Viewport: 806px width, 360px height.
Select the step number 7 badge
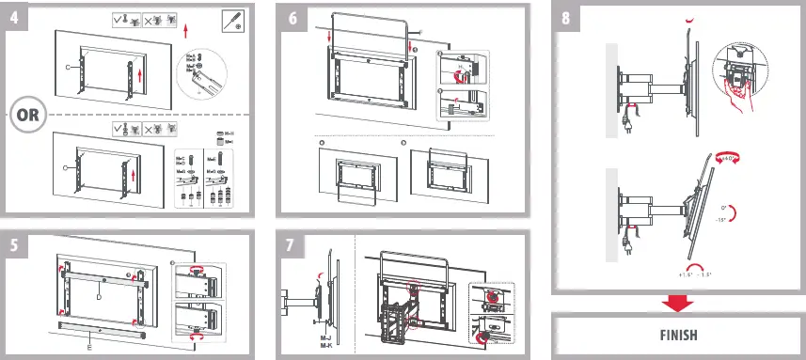pyautogui.click(x=293, y=245)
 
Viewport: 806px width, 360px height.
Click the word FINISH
pyautogui.click(x=677, y=335)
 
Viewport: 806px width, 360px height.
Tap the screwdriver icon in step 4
pyautogui.click(x=232, y=21)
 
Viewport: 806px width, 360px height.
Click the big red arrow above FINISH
pyautogui.click(x=677, y=303)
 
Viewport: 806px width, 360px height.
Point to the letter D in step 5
pyautogui.click(x=98, y=296)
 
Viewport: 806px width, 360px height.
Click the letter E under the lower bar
pyautogui.click(x=88, y=346)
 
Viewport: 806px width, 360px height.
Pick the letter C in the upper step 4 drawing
pyautogui.click(x=67, y=68)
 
